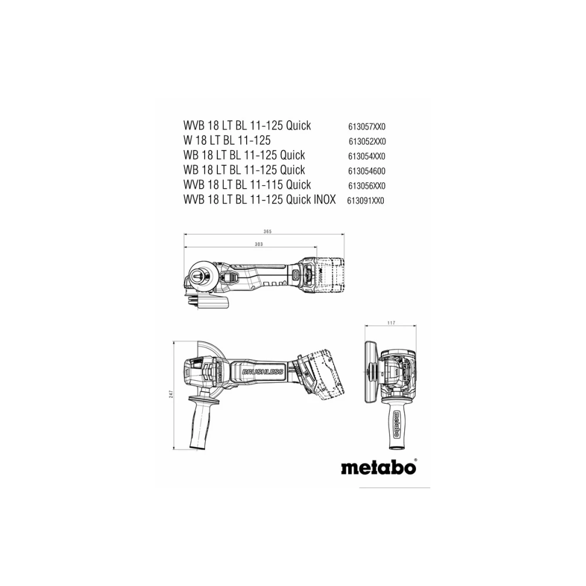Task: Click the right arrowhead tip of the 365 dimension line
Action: click(344, 234)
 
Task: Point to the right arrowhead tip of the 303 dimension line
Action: click(317, 247)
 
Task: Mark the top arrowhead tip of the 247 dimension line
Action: click(174, 341)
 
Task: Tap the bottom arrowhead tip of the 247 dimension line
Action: click(174, 449)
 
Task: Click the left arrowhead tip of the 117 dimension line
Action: click(364, 326)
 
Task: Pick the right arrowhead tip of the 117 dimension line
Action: click(416, 326)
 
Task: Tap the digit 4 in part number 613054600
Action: click(369, 171)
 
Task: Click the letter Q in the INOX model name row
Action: click(290, 199)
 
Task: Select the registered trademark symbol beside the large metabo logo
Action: click(415, 461)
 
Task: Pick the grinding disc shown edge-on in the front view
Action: click(370, 372)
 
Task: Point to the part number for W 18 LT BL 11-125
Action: click(367, 142)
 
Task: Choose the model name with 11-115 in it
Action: click(247, 185)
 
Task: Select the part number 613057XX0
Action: click(367, 127)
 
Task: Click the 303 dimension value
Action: click(258, 244)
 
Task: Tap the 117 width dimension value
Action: click(391, 323)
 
